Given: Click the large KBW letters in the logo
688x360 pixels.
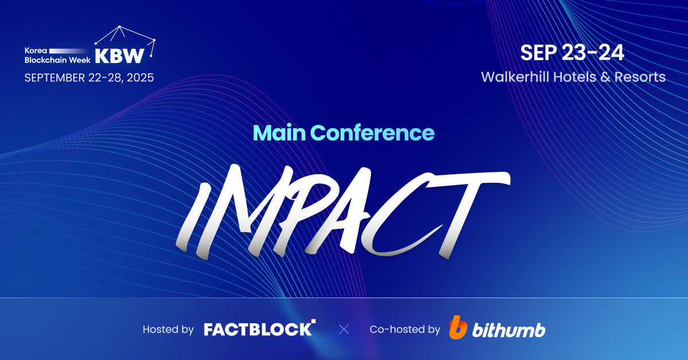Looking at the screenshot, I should tap(119, 56).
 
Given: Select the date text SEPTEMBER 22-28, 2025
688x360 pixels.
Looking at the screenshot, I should tap(89, 77).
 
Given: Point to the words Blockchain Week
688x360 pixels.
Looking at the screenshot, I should tap(57, 60).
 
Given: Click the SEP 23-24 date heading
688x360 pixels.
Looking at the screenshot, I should tap(572, 53).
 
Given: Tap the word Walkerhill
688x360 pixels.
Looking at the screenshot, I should tap(515, 77).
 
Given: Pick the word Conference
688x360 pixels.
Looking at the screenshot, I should tap(373, 133).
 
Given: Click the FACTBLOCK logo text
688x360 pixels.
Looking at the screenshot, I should tap(259, 329).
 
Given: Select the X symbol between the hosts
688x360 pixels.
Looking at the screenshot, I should tap(343, 329).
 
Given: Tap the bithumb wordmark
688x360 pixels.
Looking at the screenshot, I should tap(509, 330).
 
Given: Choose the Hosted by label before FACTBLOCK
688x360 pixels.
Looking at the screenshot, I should tap(168, 330).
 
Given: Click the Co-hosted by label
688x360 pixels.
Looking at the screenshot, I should tap(405, 330).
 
